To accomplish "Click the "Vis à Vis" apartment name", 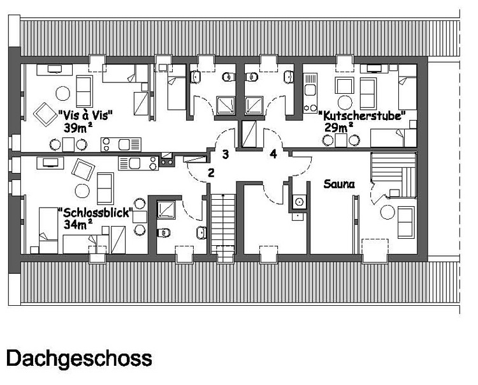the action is (85, 116).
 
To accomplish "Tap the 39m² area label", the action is (78, 128).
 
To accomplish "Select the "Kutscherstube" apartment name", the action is (362, 116).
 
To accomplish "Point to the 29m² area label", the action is (338, 127).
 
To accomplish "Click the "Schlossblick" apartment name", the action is (96, 213).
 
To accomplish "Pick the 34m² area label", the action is (78, 224).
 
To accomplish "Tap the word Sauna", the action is (339, 184).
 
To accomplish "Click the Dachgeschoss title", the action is (79, 359).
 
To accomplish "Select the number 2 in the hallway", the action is (211, 173).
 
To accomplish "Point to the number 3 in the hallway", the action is (225, 155).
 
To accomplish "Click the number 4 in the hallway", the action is (273, 154).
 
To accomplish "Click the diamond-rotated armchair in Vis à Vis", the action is (45, 114).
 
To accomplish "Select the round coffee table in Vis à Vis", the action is (63, 93).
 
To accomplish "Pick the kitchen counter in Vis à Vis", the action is (121, 144).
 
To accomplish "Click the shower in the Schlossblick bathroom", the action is (166, 209).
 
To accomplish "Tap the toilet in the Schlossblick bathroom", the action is (164, 233).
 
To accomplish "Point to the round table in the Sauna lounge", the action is (387, 212).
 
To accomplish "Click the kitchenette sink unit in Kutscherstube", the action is (310, 93).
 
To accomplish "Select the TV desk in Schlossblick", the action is (50, 163).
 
